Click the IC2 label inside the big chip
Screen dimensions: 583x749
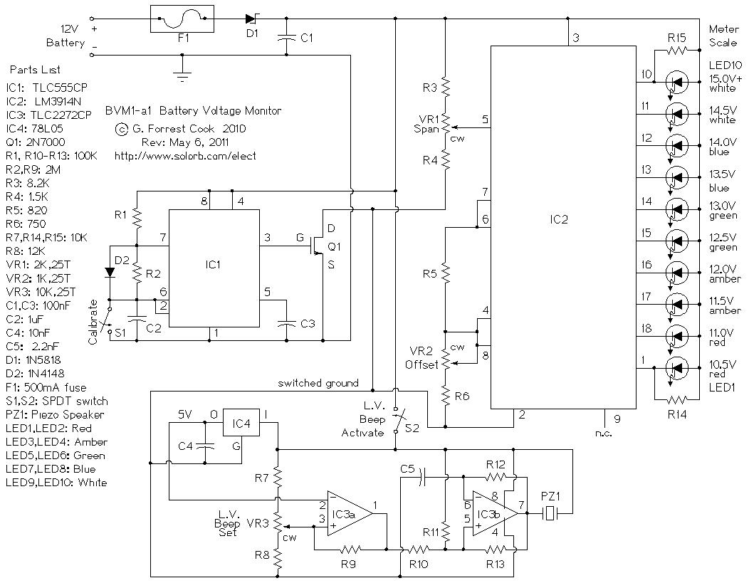(x=560, y=219)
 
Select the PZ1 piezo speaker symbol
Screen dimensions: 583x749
(x=550, y=513)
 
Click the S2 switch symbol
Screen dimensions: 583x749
(x=396, y=421)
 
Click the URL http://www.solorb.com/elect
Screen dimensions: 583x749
(x=184, y=155)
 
